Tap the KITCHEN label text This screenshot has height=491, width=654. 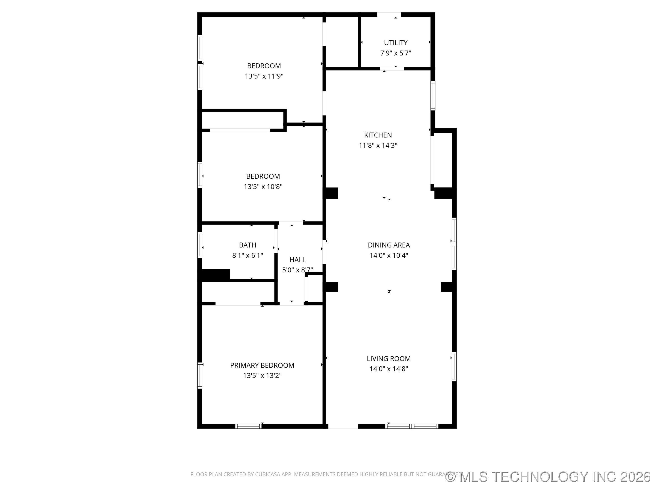(378, 135)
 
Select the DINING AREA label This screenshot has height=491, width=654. (389, 245)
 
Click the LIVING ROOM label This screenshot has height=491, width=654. (389, 359)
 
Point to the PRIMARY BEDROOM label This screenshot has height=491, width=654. (262, 366)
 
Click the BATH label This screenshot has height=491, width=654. (248, 245)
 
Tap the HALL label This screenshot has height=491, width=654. (297, 260)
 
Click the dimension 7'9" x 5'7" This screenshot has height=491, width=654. (396, 53)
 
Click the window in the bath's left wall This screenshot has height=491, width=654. (200, 245)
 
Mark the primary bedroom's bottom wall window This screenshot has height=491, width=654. (248, 426)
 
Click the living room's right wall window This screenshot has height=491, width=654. (454, 366)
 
